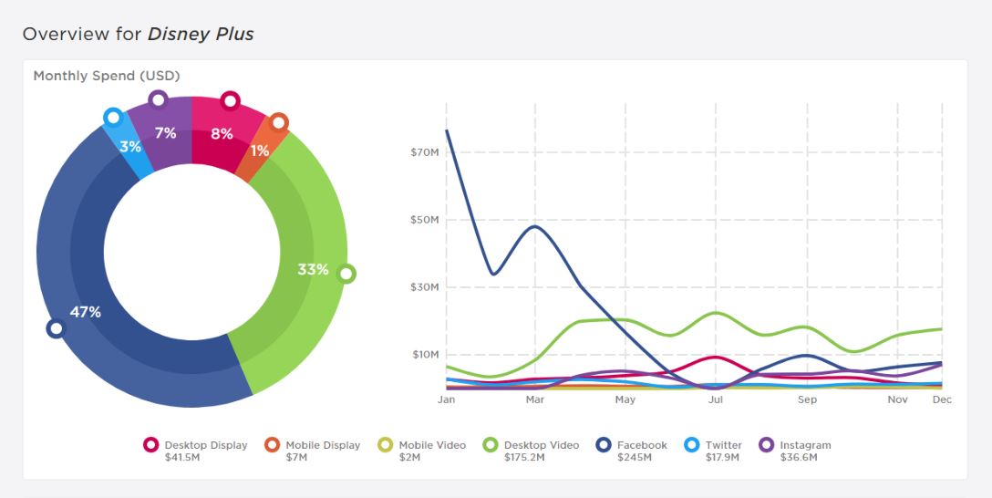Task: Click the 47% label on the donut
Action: pyautogui.click(x=85, y=312)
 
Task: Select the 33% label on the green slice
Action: pyautogui.click(x=313, y=269)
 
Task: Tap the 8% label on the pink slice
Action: pyautogui.click(x=222, y=133)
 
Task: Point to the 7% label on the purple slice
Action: pyautogui.click(x=165, y=133)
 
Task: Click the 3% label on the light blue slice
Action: pyautogui.click(x=130, y=146)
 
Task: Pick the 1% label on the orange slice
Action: pyautogui.click(x=260, y=150)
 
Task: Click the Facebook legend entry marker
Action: pyautogui.click(x=603, y=445)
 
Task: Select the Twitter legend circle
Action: pyautogui.click(x=691, y=445)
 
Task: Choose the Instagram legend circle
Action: pyautogui.click(x=766, y=445)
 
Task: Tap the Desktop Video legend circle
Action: pyautogui.click(x=491, y=445)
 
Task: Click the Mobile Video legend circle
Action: pyautogui.click(x=385, y=445)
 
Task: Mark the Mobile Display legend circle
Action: pyautogui.click(x=272, y=445)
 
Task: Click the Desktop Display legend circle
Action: pyautogui.click(x=150, y=445)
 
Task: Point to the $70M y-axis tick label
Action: pyautogui.click(x=426, y=152)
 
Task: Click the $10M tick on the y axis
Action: pyautogui.click(x=426, y=355)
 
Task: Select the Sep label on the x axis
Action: pyautogui.click(x=807, y=399)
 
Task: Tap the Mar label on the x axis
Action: pyautogui.click(x=535, y=399)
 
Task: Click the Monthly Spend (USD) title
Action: pyautogui.click(x=107, y=76)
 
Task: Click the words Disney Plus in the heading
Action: pyautogui.click(x=201, y=35)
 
